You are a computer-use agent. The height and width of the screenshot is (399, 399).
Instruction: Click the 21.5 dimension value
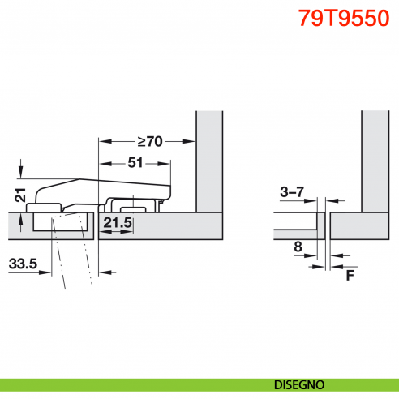[117, 222]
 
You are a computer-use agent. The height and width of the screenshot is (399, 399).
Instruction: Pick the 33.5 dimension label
[24, 264]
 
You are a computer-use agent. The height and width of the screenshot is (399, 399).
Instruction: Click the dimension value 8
[298, 246]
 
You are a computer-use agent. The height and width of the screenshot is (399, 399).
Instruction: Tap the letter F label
[350, 274]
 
